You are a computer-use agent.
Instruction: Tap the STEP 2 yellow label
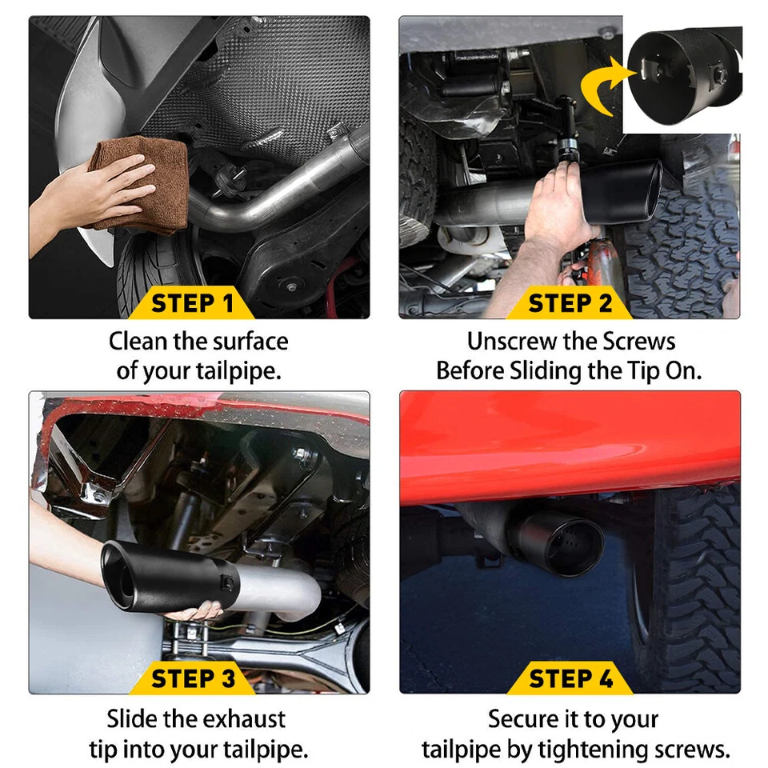570,304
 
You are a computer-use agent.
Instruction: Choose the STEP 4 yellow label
570,678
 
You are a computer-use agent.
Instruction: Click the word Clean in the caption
138,342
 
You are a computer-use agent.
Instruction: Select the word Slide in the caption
133,718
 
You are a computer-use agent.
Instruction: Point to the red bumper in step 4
560,448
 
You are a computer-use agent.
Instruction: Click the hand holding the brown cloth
80,196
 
